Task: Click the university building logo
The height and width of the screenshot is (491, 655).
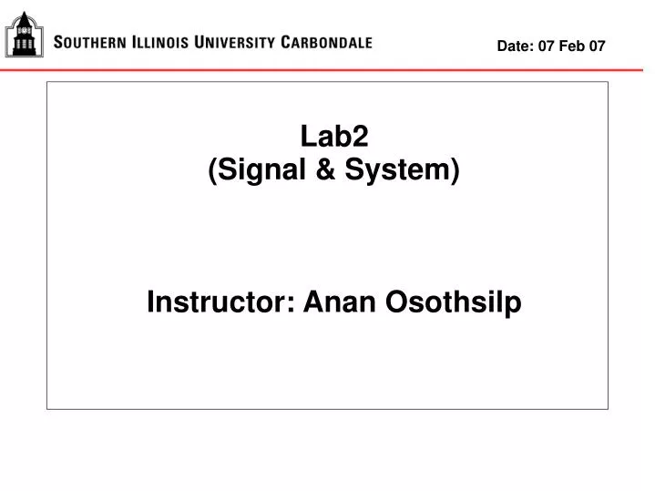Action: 25,34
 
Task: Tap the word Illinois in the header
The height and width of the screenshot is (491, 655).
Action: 161,42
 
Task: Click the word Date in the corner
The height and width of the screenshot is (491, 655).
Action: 514,45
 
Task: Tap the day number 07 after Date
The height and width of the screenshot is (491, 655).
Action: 546,45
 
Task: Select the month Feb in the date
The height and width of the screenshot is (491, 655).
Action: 572,45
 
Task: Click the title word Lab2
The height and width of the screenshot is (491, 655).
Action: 334,138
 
